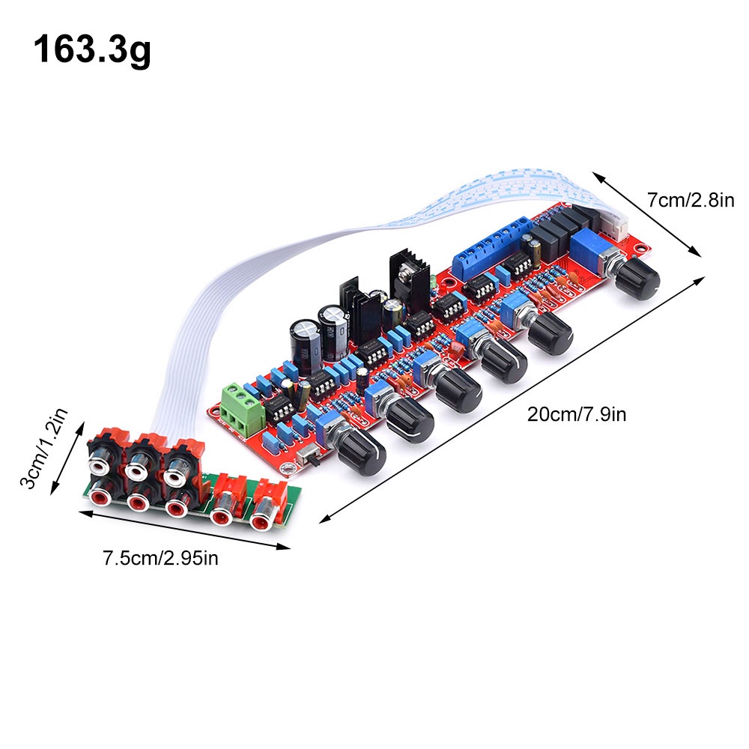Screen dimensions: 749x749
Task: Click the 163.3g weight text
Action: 92,50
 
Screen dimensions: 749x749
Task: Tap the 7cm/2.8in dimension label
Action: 691,200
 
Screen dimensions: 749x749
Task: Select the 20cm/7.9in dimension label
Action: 577,413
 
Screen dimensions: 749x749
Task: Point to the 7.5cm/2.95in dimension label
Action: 160,558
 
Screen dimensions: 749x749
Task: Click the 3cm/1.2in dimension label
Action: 43,448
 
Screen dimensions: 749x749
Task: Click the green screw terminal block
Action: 243,405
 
